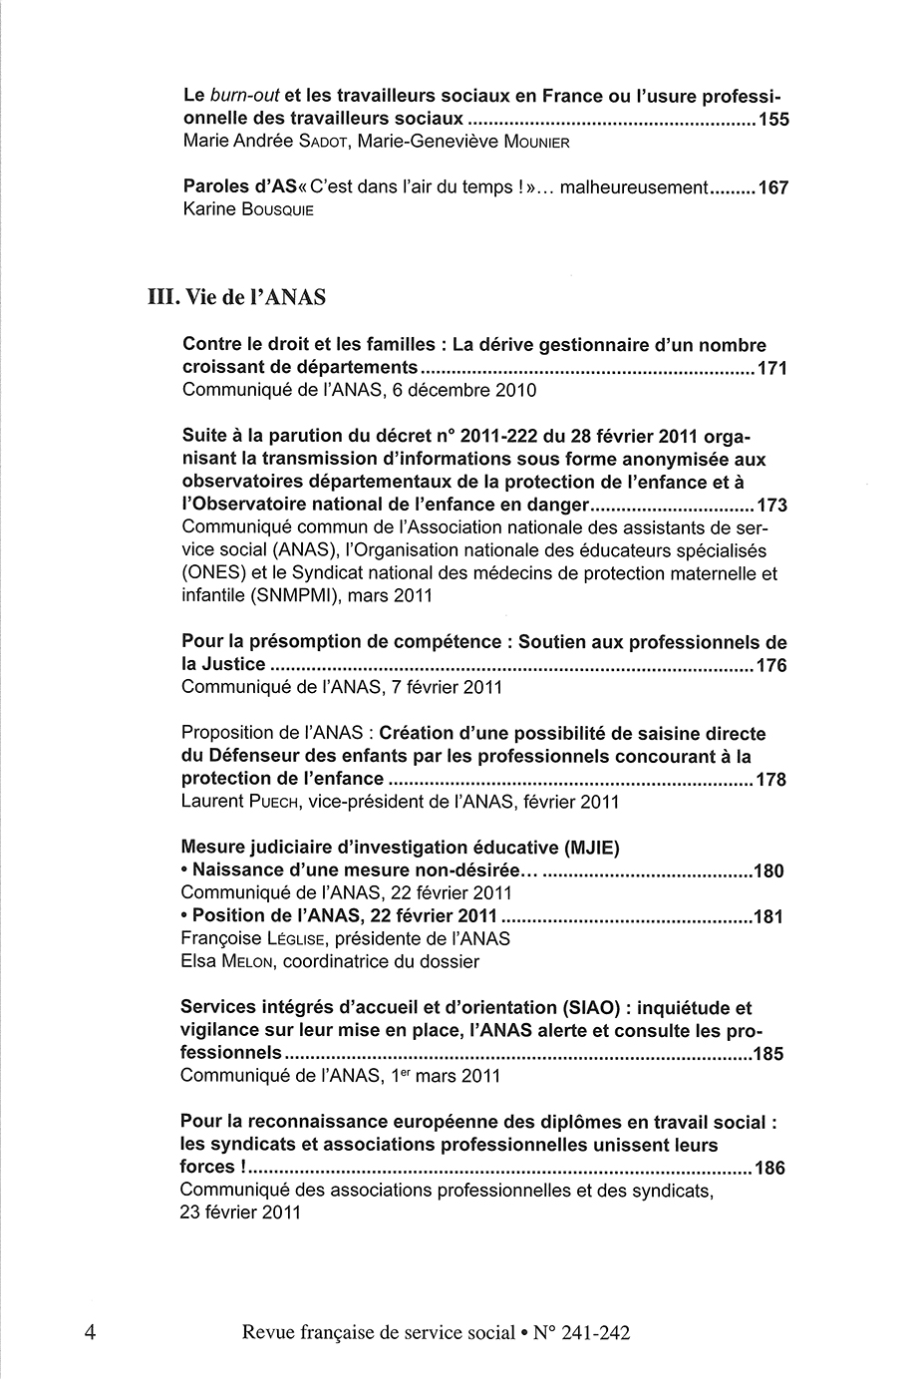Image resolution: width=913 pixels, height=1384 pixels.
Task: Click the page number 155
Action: [773, 120]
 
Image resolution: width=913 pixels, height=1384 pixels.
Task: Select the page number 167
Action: [773, 187]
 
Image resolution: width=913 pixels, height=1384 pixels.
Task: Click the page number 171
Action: [772, 369]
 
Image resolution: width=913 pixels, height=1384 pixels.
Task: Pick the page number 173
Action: [772, 505]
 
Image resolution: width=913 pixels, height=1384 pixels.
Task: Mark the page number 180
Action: [769, 870]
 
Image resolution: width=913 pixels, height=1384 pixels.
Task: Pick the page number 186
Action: [770, 1168]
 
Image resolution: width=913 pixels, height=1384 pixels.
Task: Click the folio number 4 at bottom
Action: [91, 1331]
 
